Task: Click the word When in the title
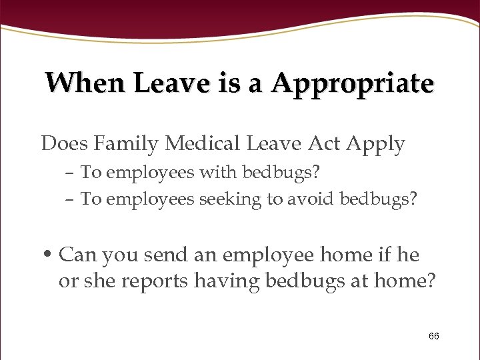coord(86,83)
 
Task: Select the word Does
coord(65,143)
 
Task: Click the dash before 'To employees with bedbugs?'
coord(70,173)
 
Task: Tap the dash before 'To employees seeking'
coord(70,199)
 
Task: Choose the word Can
coord(77,254)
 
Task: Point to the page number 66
coord(433,336)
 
